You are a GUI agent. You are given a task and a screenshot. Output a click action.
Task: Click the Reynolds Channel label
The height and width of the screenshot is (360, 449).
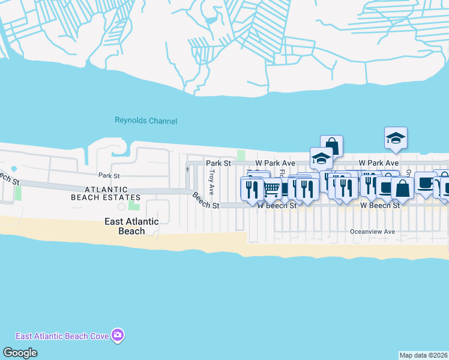[x=146, y=121]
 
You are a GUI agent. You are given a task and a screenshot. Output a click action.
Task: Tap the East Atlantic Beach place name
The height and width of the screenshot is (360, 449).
[x=131, y=226]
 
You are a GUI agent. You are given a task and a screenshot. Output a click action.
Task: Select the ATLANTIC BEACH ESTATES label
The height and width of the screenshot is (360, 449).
[x=106, y=193]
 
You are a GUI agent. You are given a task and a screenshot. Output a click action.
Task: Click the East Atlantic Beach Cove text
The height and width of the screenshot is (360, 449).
[x=62, y=336]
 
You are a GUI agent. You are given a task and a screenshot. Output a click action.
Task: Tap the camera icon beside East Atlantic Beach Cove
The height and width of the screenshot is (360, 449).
[x=118, y=335]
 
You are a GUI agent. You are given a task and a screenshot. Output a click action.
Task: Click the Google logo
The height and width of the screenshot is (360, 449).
[x=20, y=353]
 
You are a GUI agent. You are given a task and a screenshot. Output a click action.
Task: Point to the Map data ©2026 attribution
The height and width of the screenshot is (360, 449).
[x=423, y=355]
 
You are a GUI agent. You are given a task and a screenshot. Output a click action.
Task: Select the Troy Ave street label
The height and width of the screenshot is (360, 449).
[x=211, y=182]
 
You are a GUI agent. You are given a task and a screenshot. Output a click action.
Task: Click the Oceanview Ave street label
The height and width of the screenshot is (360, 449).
[x=373, y=232]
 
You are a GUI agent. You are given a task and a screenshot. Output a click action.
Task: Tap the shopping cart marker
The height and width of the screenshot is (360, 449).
[x=272, y=188]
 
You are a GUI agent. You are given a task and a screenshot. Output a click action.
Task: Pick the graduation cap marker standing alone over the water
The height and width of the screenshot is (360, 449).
[x=396, y=138]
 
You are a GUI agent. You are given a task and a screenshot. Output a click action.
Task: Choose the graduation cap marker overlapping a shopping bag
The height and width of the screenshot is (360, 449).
[x=321, y=158]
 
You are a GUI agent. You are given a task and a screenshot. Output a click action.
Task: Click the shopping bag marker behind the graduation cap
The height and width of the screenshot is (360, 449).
[x=332, y=145]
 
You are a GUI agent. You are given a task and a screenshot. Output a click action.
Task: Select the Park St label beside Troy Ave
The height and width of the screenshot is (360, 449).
[x=218, y=163]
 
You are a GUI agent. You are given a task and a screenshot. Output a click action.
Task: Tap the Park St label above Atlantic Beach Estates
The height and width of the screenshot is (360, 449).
[x=110, y=176]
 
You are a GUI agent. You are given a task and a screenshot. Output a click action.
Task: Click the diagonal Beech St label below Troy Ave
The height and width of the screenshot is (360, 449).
[x=206, y=200]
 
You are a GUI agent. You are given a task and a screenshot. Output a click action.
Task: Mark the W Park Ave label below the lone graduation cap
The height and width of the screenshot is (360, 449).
[x=379, y=163]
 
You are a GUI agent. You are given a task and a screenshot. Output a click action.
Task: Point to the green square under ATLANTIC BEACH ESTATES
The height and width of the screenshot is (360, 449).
[x=133, y=207]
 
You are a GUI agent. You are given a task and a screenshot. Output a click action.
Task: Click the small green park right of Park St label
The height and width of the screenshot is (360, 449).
[x=241, y=155]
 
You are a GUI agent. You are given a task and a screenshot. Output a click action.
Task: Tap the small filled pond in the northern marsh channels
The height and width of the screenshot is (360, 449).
[x=210, y=20]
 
